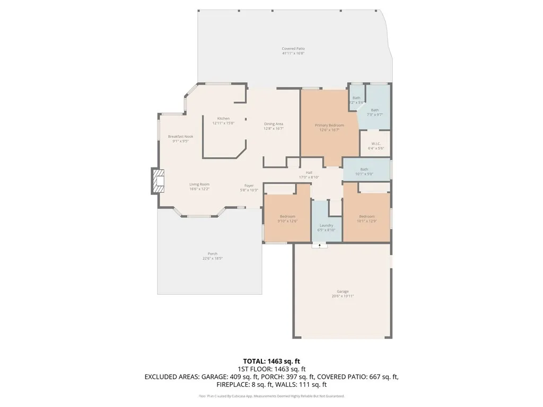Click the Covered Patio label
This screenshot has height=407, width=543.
[293, 49]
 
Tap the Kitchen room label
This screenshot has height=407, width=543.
[223, 118]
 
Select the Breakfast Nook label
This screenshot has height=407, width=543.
[180, 137]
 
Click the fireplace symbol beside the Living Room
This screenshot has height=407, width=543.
[158, 181]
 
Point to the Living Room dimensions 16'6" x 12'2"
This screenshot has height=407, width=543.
[199, 189]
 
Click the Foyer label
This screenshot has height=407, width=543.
[249, 185]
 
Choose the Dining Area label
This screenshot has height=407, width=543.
[274, 124]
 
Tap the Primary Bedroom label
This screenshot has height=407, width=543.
[329, 126]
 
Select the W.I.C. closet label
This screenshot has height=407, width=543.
[375, 144]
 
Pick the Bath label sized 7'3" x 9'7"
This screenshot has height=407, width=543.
[375, 110]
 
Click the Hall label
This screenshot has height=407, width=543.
[309, 173]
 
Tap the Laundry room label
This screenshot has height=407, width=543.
[326, 225]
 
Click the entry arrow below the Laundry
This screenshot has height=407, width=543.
[320, 245]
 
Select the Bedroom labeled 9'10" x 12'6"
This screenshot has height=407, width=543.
[287, 216]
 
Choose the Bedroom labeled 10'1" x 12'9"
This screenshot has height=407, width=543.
[367, 216]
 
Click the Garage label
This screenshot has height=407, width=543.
[343, 291]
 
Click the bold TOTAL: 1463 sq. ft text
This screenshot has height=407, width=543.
[271, 360]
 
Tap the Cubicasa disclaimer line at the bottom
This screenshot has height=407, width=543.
[271, 396]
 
